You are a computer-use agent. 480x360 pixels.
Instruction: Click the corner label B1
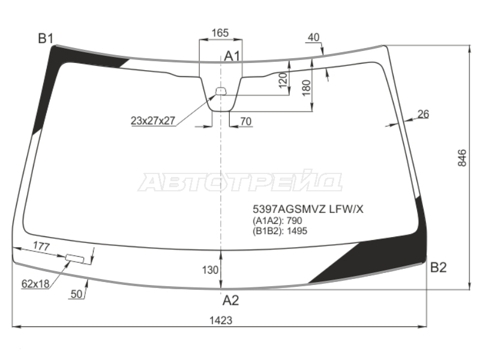click(x=46, y=39)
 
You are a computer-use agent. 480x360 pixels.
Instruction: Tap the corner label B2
click(x=439, y=268)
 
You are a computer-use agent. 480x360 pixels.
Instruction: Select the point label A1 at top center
click(x=232, y=56)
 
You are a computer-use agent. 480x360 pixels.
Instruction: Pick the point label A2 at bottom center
click(x=230, y=301)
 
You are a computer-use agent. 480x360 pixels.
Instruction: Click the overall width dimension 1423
click(x=221, y=320)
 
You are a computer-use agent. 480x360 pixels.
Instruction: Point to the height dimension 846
click(x=462, y=158)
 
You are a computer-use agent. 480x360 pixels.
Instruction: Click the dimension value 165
click(x=220, y=33)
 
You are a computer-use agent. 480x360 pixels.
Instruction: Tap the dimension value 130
click(x=210, y=270)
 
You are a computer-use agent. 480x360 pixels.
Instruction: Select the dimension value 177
click(x=41, y=246)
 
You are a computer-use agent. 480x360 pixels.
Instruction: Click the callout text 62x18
click(x=35, y=284)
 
